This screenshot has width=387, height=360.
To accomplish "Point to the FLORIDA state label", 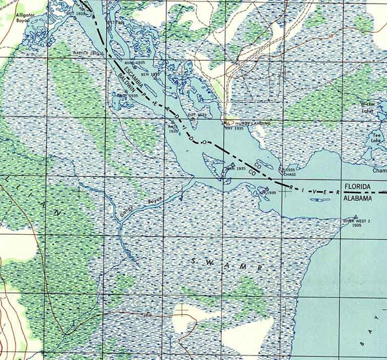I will pos(358,187).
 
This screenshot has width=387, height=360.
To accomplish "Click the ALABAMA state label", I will pos(359,199).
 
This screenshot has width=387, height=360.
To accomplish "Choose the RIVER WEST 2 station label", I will pos(357,222).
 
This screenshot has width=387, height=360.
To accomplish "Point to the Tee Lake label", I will pos(376,137).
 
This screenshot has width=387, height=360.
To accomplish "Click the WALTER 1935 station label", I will pos(86,52).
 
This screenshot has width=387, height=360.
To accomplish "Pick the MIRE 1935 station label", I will pos(135,63).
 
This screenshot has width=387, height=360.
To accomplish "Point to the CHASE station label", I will pos(290,174).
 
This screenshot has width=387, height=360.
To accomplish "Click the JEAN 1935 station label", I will pos(234,169).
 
